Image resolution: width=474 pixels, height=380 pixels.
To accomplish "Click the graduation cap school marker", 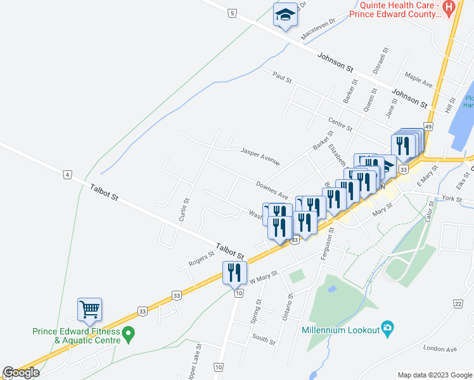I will click(285, 14).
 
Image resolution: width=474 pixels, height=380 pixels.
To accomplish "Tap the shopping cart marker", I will click(89, 309).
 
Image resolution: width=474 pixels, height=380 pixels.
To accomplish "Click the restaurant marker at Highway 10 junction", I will click(234, 272).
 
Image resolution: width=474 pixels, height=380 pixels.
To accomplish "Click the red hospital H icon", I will click(449, 8).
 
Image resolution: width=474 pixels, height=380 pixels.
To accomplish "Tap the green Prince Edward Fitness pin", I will click(129, 332).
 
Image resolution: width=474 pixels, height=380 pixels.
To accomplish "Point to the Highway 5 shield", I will click(233, 13).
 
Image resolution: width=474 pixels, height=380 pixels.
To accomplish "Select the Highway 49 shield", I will click(429, 127).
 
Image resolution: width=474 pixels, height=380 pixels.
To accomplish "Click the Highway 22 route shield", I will click(458, 304).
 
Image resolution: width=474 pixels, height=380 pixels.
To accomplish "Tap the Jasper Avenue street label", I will click(260, 153).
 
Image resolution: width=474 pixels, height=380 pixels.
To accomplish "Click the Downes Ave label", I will click(272, 190).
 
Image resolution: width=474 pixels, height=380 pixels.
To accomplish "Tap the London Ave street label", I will click(440, 349).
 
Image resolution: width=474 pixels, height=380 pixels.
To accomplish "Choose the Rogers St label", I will click(202, 258).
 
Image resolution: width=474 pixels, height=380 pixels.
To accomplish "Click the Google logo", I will click(21, 373).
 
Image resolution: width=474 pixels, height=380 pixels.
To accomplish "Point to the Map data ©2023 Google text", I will click(434, 374).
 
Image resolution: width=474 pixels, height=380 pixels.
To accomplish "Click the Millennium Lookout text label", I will click(340, 330).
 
